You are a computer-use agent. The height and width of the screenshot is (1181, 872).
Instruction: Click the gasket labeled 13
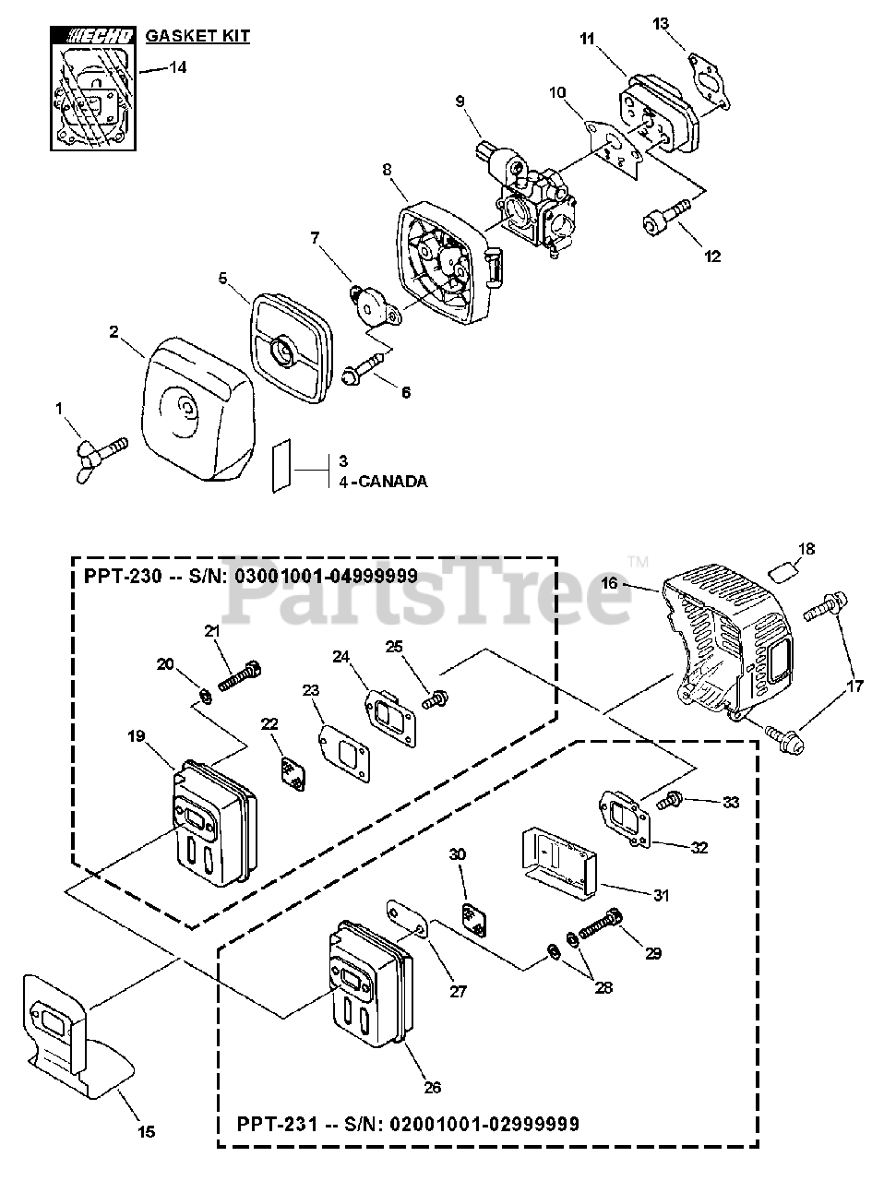click(x=711, y=69)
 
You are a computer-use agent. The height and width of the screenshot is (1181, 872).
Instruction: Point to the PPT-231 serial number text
click(x=408, y=1124)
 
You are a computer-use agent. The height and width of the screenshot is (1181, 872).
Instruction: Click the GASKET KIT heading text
click(x=197, y=37)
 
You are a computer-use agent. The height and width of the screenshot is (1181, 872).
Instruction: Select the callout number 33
click(x=730, y=803)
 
